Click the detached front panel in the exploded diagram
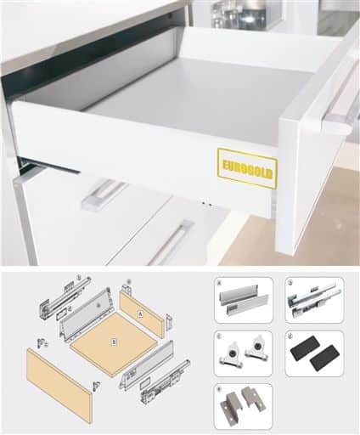pos(59,383)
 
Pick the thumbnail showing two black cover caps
pos(314,353)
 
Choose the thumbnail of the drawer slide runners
pos(314,299)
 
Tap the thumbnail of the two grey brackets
pos(243,405)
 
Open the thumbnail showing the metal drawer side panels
pos(243,299)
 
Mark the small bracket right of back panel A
pos(168,322)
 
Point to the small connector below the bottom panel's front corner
pos(95,385)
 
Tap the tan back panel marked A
pos(142,314)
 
